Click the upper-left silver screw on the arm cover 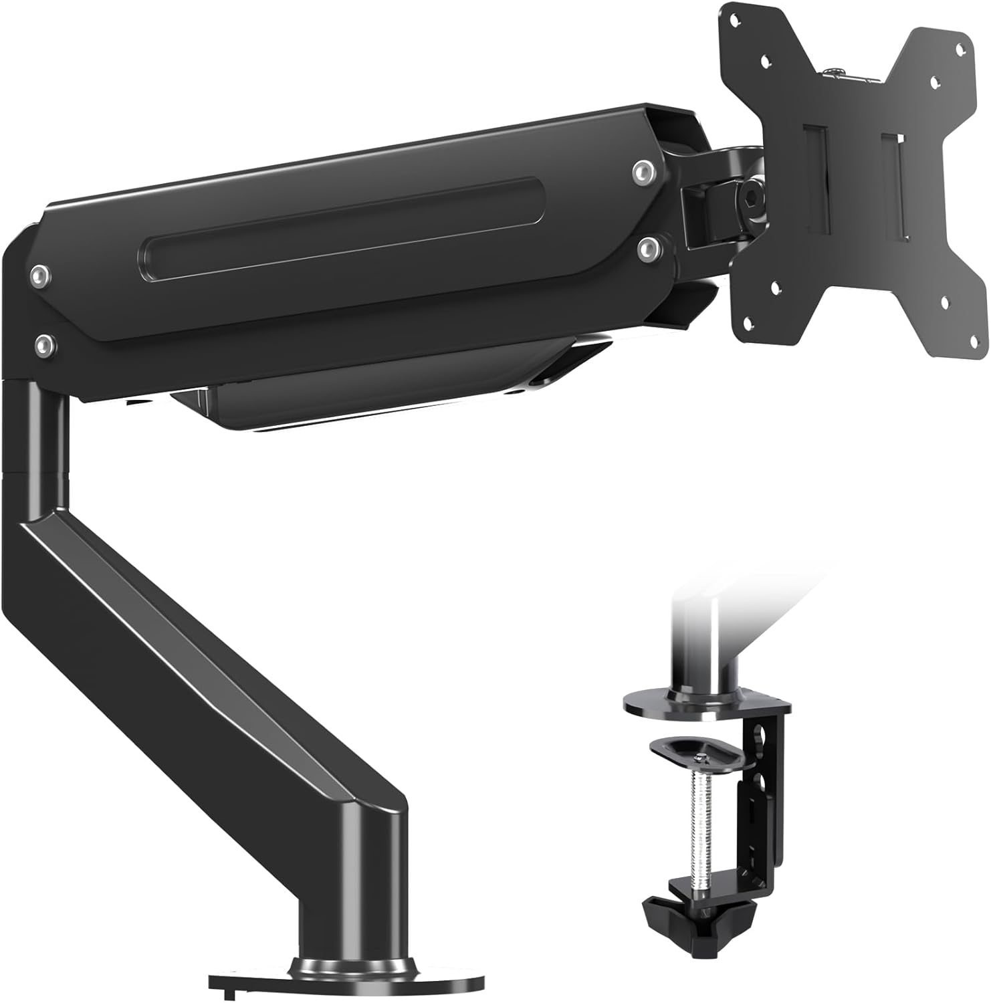tap(41, 275)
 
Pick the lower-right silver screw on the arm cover tap(647, 248)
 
